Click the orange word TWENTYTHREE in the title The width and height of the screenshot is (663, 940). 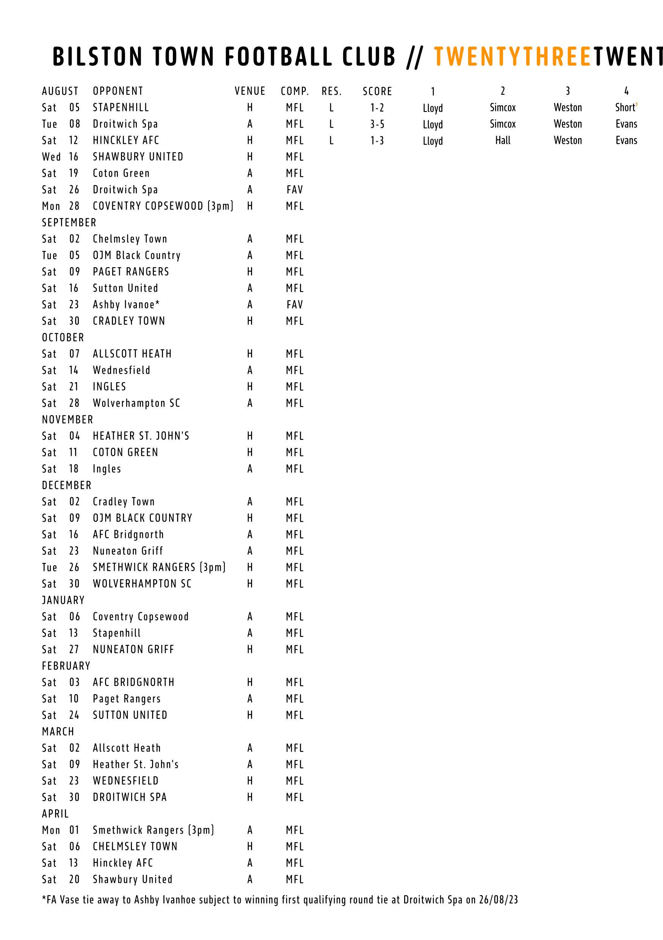(512, 56)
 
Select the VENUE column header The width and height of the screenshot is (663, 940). (250, 91)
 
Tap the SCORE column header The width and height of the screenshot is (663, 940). (377, 91)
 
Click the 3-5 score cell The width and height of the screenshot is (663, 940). (377, 124)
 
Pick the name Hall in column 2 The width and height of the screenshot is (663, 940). (503, 141)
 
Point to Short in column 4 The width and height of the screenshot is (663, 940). (625, 108)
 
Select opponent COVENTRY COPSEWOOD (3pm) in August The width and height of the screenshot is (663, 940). (163, 206)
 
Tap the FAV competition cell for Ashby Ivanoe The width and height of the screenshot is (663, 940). (295, 305)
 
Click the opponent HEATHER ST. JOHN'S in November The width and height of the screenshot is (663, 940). (141, 436)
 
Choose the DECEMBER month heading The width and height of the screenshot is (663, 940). (67, 485)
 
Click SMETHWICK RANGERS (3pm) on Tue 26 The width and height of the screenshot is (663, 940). (159, 568)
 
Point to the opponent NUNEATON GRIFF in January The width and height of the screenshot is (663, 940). (133, 649)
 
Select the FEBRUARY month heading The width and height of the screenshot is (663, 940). (66, 666)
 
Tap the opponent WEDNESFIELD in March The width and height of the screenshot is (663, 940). (125, 781)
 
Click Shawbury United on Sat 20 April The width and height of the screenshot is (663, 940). (132, 879)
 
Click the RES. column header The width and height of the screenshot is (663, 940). (331, 91)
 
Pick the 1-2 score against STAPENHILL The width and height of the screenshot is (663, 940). (377, 108)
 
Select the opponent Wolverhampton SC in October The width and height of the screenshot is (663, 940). (136, 403)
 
